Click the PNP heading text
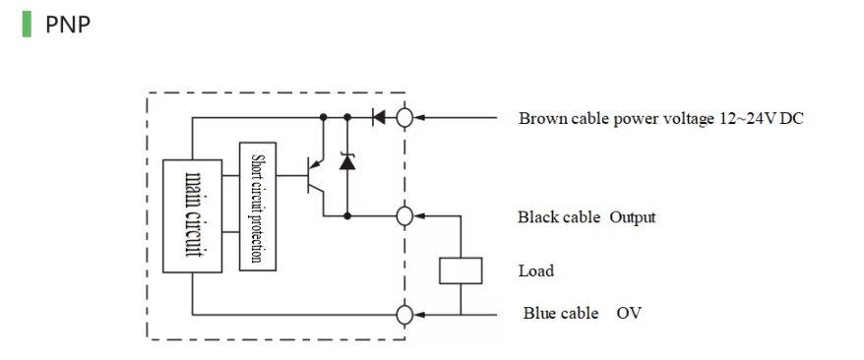click(x=68, y=25)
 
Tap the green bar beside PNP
click(x=27, y=24)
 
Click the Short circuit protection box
click(x=258, y=208)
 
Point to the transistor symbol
click(x=313, y=176)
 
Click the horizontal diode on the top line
click(x=378, y=118)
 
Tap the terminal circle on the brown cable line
click(x=403, y=118)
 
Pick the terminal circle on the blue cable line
click(x=403, y=315)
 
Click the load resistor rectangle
click(x=460, y=270)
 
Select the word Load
click(x=536, y=270)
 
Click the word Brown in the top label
click(x=542, y=119)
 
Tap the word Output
click(x=633, y=217)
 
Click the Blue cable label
click(x=560, y=314)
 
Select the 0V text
click(x=630, y=314)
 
